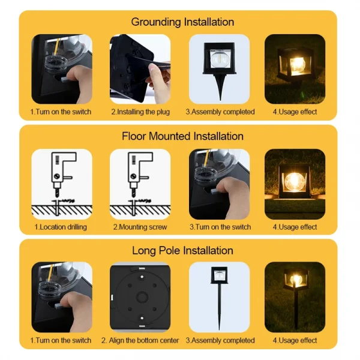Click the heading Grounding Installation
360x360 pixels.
click(x=182, y=22)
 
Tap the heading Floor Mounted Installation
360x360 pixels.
click(x=182, y=136)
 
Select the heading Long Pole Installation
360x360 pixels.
click(x=182, y=250)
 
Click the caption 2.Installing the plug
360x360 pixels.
click(x=140, y=112)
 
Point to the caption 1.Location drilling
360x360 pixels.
click(x=61, y=227)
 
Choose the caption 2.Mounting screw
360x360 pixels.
click(x=140, y=227)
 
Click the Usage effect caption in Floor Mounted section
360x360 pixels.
click(x=295, y=227)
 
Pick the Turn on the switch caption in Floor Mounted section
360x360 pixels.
click(x=220, y=227)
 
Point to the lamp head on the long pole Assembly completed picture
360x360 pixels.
click(x=219, y=277)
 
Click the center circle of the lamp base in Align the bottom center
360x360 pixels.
click(x=140, y=298)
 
